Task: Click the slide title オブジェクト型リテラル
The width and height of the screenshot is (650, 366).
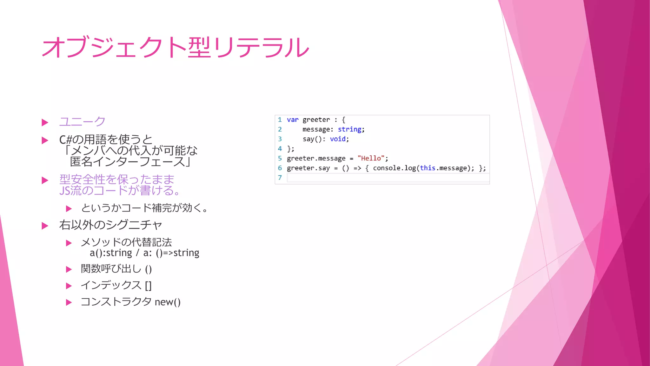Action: click(175, 47)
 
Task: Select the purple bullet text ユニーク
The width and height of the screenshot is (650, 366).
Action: click(82, 121)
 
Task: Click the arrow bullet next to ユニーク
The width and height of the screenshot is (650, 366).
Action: click(45, 123)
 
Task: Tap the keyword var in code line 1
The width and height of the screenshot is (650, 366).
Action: click(293, 120)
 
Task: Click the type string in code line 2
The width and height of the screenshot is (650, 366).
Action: click(349, 129)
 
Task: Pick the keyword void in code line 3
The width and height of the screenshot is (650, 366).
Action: click(338, 139)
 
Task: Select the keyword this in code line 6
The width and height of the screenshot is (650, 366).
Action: click(427, 168)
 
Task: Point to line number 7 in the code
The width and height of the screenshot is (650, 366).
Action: click(280, 178)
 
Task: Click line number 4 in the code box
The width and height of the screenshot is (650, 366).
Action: click(280, 149)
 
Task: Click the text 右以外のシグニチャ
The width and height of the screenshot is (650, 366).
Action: click(110, 225)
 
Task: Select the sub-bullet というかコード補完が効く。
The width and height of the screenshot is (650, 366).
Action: click(144, 208)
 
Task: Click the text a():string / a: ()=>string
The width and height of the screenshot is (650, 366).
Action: click(144, 253)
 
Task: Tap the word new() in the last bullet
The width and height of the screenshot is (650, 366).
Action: click(168, 302)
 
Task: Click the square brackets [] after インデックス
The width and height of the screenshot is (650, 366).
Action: click(148, 285)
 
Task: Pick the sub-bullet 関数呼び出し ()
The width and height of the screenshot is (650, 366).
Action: click(116, 269)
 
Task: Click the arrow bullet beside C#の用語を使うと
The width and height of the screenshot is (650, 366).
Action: click(45, 140)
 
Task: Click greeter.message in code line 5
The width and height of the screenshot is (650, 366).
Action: click(316, 158)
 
